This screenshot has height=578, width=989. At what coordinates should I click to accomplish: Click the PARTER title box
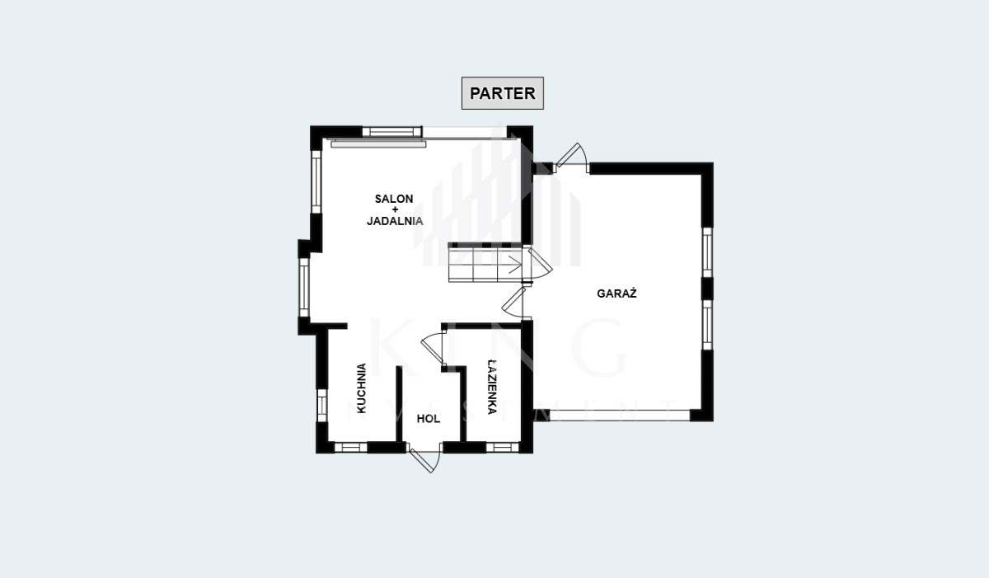coord(503,93)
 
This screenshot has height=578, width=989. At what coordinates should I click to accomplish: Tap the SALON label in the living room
coord(394,199)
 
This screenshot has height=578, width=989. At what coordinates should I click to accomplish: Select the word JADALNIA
coord(395,221)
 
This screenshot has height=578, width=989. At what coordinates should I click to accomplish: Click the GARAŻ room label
coord(616,294)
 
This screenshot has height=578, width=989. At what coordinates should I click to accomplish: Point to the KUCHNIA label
coord(361,388)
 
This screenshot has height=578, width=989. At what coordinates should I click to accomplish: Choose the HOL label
coord(429,419)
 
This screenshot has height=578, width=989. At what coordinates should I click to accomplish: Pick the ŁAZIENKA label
coord(492,388)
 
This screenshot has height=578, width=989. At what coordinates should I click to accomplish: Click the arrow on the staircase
coord(514,264)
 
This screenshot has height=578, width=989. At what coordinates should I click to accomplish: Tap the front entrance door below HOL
coord(425,459)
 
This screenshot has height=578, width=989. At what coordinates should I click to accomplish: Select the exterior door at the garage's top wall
coord(572,156)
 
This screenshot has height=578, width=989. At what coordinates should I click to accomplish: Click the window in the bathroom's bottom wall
coord(503,447)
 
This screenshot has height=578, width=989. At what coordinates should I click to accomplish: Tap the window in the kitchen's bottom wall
coord(351,447)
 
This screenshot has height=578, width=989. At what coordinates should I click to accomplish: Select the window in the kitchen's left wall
coord(322,405)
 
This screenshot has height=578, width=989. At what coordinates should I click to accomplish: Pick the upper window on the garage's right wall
coord(707,252)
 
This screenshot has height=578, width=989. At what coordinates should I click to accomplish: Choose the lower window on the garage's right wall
coord(707,325)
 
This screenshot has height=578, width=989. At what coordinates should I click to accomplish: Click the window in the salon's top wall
coord(391,131)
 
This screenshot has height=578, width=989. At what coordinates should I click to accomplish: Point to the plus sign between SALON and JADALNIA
coord(395,209)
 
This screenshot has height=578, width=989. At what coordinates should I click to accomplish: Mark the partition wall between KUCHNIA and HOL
coord(399,403)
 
